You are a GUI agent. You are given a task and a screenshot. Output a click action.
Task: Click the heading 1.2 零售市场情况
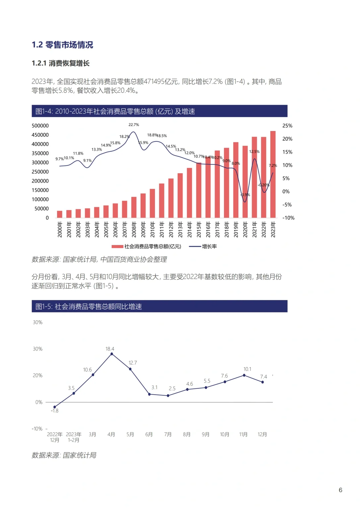(x=62, y=45)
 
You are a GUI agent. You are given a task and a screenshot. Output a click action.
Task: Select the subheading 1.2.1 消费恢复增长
(x=61, y=63)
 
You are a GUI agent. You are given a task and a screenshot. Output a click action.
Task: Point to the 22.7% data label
(x=134, y=125)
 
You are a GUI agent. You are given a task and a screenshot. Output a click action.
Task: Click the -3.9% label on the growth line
(x=245, y=195)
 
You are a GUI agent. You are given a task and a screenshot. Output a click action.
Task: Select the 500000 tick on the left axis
(x=40, y=126)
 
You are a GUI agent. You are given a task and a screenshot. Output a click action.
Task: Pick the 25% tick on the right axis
(x=287, y=126)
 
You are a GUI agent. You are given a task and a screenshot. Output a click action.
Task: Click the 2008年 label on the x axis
(x=134, y=229)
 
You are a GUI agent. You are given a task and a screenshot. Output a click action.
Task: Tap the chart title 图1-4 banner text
(x=115, y=111)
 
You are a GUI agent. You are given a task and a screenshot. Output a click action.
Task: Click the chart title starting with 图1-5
(x=89, y=306)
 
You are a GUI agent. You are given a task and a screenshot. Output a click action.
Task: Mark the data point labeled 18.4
(x=112, y=354)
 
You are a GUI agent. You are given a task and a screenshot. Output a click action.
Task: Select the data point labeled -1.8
(x=55, y=407)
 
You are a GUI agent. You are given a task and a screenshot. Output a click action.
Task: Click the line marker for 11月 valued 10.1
(x=244, y=375)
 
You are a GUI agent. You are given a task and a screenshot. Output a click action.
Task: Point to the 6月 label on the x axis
(x=149, y=434)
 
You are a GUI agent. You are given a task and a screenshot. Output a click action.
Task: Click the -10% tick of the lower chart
(x=37, y=429)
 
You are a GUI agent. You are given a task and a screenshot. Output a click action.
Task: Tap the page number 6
(x=340, y=490)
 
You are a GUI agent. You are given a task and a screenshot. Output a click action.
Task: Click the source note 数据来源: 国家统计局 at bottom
(x=64, y=455)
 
